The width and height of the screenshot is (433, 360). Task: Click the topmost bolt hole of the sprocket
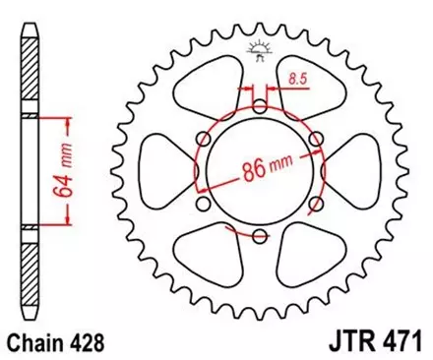[x=259, y=107]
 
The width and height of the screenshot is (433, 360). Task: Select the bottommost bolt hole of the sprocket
[x=259, y=236]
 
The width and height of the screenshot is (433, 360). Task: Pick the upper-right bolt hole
[x=314, y=140]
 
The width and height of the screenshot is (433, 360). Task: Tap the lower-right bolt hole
[x=314, y=204]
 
